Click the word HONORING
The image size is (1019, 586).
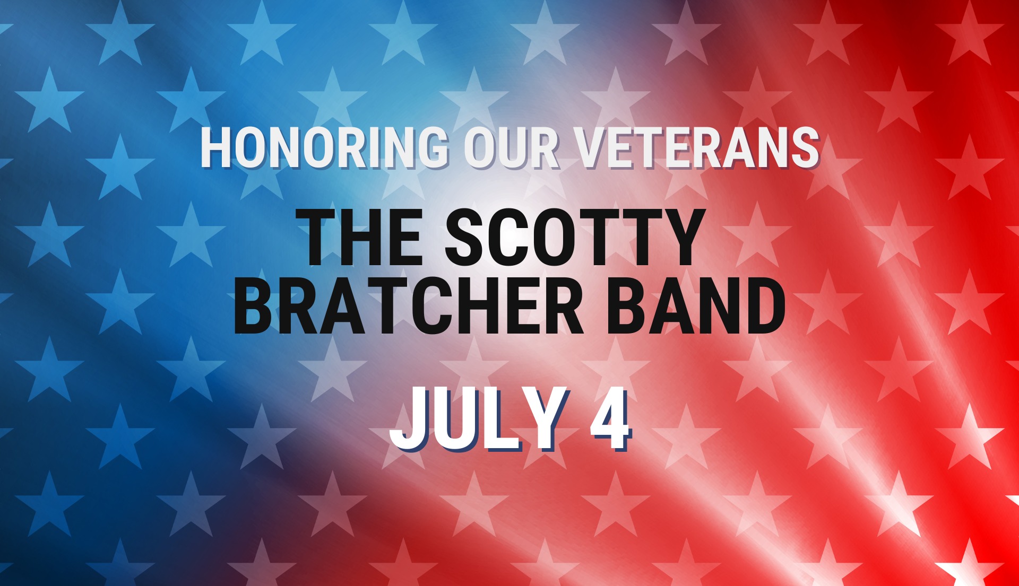point(324,147)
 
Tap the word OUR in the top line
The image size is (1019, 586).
point(512,147)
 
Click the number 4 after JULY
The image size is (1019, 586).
point(610,419)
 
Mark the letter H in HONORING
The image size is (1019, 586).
point(216,147)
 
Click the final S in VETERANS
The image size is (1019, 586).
point(805,147)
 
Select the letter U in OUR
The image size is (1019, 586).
point(513,148)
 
